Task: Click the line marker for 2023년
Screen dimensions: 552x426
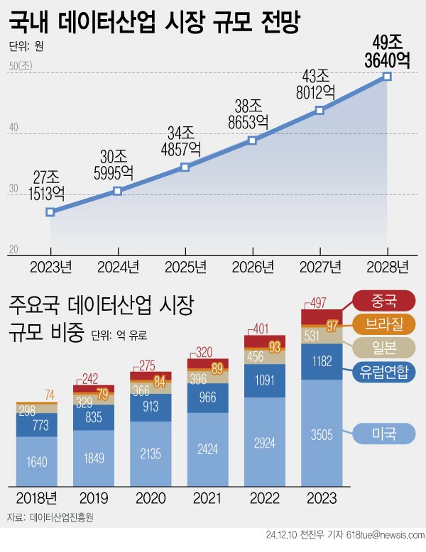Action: tap(50, 212)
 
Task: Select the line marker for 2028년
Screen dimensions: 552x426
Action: tap(387, 76)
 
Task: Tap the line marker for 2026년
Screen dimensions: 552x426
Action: tap(252, 140)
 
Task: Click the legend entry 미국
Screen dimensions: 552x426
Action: tap(385, 432)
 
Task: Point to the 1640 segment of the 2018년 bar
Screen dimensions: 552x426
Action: tap(37, 462)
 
